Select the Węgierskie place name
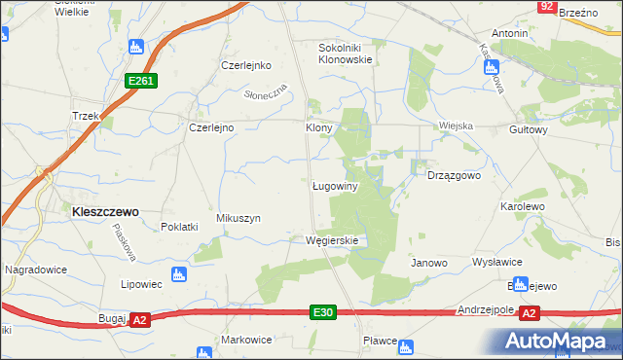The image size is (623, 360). coord(332,240)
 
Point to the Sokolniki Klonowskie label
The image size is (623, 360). coord(346,53)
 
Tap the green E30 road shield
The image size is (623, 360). coord(325,311)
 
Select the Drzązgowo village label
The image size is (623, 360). coord(455,176)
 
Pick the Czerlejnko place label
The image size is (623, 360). coord(244,66)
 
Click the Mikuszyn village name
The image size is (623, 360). coord(238,219)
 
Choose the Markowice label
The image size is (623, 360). coord(245,340)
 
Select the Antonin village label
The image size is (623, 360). coord(509,33)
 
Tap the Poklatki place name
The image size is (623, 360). coord(179,227)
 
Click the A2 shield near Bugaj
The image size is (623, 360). coord(139,319)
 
